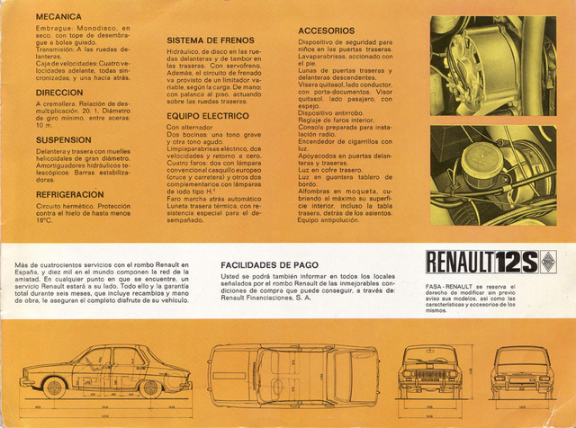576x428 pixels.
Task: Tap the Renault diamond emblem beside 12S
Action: click(x=547, y=263)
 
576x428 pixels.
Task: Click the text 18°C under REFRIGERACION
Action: click(x=45, y=220)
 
